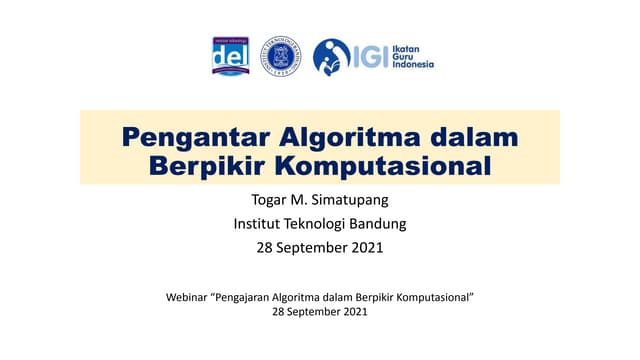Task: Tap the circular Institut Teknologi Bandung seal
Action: click(280, 56)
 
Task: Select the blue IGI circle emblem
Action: click(331, 56)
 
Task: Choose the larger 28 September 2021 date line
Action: click(319, 246)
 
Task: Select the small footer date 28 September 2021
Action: click(319, 313)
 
